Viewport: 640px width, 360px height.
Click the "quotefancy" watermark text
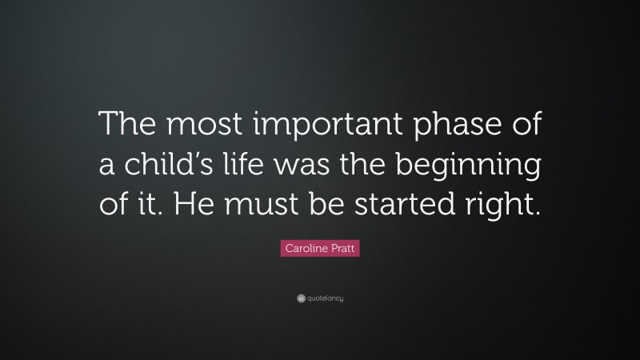tap(323, 298)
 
